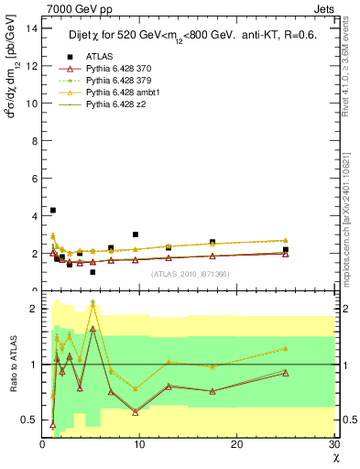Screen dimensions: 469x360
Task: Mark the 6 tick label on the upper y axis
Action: [35, 178]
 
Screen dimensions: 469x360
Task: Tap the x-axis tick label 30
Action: [333, 444]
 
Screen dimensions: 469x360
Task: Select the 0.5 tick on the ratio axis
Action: [31, 420]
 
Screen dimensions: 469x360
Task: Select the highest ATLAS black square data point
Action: [53, 210]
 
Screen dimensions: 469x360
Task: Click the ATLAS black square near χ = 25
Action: [286, 249]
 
